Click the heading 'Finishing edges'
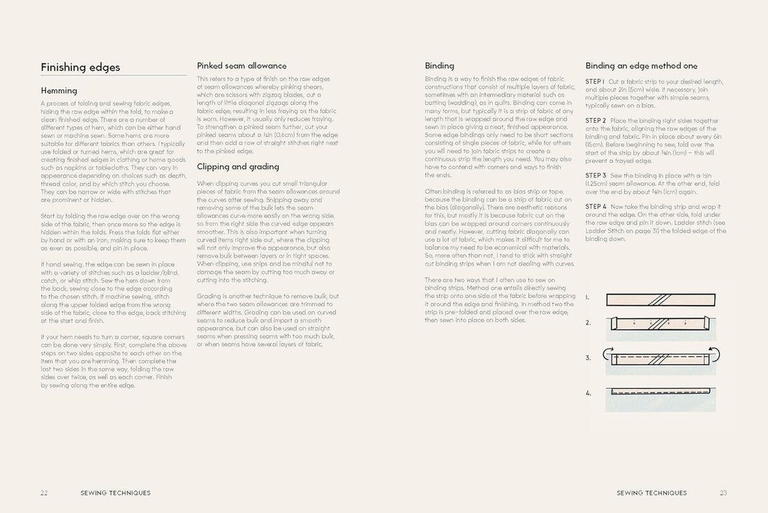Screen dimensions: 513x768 pos(80,67)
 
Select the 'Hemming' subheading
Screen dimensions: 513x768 pos(59,91)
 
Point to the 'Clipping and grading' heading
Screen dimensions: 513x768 pos(238,167)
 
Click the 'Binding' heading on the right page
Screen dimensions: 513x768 pos(439,66)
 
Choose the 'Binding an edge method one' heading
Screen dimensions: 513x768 pos(641,66)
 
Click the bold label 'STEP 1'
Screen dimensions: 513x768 pos(596,82)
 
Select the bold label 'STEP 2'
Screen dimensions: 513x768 pos(596,121)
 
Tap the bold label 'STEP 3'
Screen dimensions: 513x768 pos(596,175)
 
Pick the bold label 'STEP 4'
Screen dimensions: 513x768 pos(596,207)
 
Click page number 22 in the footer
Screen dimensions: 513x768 pos(44,493)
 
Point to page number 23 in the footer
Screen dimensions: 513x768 pos(723,493)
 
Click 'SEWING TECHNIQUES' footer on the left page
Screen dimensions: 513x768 pos(115,493)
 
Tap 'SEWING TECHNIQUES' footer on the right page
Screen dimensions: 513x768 pos(651,493)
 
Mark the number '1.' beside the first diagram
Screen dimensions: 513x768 pos(588,298)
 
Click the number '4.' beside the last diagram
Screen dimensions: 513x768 pos(588,393)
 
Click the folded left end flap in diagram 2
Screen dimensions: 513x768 pos(614,323)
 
